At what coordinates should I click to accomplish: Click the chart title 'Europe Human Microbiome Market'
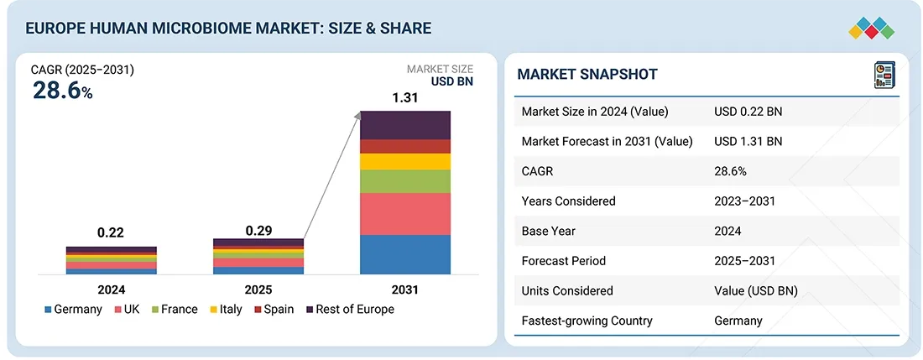pos(228,29)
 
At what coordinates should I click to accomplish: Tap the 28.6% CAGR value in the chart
pos(62,91)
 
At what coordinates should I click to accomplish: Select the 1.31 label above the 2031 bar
pos(405,97)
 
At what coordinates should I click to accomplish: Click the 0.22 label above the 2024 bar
pos(112,233)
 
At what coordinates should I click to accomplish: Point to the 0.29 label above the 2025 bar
pos(258,230)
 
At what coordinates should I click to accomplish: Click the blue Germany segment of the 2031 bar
pos(405,254)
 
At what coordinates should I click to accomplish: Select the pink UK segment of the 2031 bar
pos(405,214)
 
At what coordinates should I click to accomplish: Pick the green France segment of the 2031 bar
pos(405,181)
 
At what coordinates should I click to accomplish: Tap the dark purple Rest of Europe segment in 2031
pos(405,125)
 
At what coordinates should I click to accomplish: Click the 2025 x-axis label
pos(258,290)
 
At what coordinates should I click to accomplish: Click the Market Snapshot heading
pos(587,74)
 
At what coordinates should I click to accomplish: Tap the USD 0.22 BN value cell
pos(748,112)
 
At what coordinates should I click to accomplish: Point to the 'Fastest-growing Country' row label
pos(587,321)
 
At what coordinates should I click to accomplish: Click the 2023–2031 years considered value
pos(744,201)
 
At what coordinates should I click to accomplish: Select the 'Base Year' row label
pos(549,231)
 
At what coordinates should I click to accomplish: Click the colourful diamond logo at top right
pos(872,27)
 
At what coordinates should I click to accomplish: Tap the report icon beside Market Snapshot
pos(884,75)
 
